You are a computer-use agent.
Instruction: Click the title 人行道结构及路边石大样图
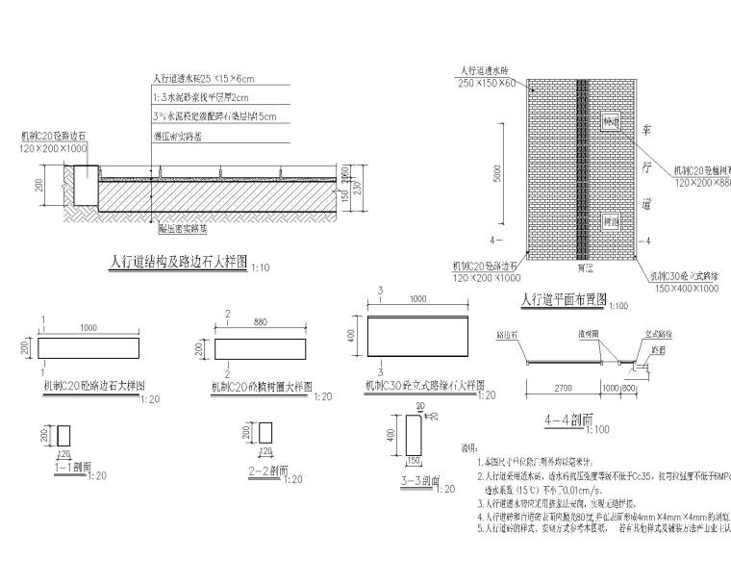point(179,261)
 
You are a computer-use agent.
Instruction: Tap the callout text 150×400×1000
point(683,287)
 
